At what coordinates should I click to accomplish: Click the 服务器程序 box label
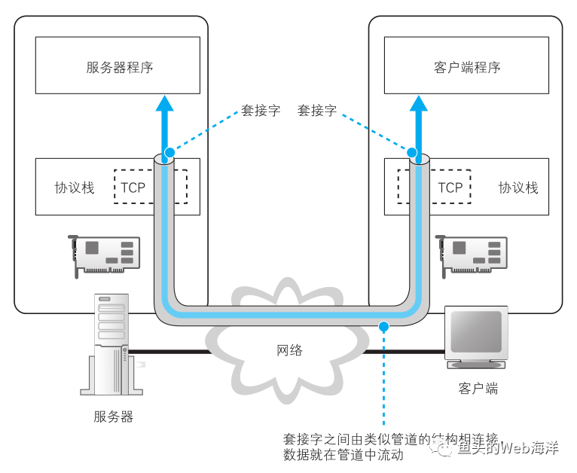(x=120, y=68)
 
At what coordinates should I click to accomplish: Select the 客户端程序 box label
(x=467, y=68)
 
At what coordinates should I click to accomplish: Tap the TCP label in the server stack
(x=133, y=188)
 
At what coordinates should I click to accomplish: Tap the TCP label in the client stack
(x=450, y=188)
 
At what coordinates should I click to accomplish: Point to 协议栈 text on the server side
(x=75, y=188)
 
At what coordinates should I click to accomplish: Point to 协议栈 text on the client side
(x=518, y=188)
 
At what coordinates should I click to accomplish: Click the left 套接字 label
(x=261, y=111)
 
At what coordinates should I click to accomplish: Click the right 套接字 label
(x=317, y=111)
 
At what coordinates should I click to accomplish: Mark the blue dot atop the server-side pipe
(x=169, y=153)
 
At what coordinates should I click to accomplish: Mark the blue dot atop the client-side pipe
(x=413, y=153)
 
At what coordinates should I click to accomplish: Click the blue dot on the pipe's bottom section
(x=383, y=326)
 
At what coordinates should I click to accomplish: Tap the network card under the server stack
(x=105, y=253)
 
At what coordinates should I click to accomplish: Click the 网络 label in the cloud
(x=289, y=350)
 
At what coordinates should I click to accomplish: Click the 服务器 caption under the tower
(x=113, y=416)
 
